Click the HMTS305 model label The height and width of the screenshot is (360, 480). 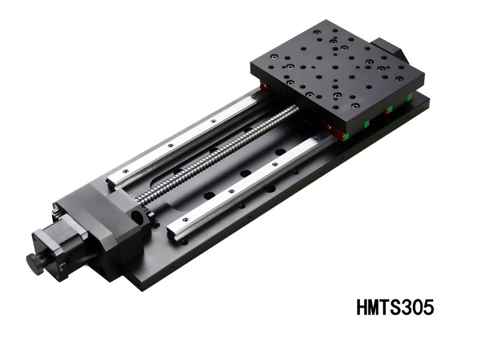394,307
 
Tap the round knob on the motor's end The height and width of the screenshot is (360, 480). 35,263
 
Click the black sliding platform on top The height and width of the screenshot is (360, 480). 336,69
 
